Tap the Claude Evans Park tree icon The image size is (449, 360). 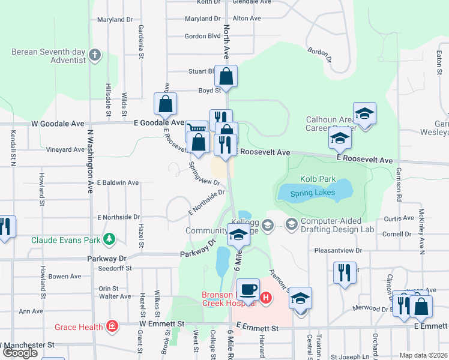(109, 240)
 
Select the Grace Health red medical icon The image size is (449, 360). (111, 326)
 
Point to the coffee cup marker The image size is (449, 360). (247, 290)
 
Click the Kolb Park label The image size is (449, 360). (318, 179)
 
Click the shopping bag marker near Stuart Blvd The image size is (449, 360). (226, 77)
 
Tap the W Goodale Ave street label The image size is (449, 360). (58, 123)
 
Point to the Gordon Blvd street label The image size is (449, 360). (202, 36)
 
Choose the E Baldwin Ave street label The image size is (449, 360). (118, 182)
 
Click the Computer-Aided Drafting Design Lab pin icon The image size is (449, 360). (292, 224)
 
